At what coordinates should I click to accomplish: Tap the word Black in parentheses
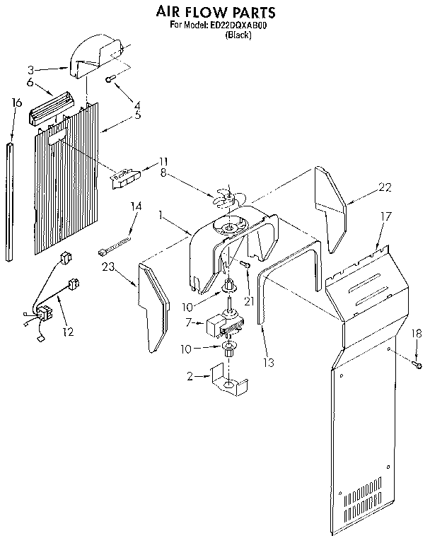237,35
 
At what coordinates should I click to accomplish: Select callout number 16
17,103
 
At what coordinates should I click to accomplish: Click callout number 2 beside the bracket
189,377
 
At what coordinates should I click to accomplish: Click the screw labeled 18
417,364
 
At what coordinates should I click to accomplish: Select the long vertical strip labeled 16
9,201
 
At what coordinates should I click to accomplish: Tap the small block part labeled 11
127,176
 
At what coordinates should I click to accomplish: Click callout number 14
136,206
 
